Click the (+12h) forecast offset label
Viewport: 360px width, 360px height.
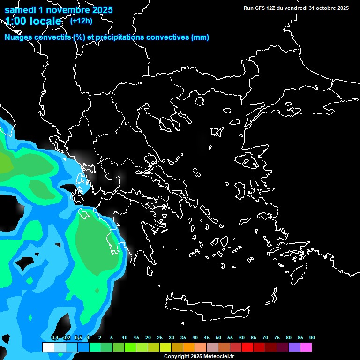click(81, 21)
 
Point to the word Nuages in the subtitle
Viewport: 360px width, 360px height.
click(19, 37)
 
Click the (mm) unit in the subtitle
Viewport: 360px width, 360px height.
click(200, 37)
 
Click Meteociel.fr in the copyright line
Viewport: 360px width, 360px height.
click(218, 357)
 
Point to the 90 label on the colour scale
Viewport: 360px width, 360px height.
click(312, 338)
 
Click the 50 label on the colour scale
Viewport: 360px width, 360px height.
click(218, 338)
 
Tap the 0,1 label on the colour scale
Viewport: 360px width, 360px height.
click(54, 338)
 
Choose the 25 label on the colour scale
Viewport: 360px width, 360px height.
click(160, 338)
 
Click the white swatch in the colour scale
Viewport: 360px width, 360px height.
click(48, 347)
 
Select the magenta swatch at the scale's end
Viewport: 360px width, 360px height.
click(306, 347)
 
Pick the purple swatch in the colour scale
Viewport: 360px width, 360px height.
click(294, 347)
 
